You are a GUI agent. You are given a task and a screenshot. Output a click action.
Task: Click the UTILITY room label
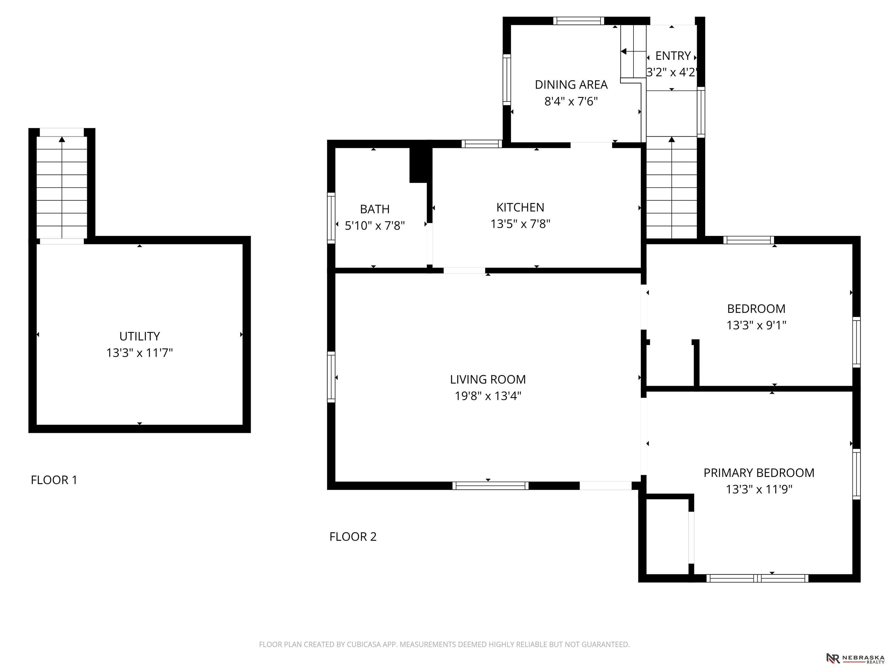[139, 336]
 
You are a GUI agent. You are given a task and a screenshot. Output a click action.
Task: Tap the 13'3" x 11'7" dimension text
[139, 353]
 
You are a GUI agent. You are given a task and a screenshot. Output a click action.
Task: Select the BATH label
[374, 209]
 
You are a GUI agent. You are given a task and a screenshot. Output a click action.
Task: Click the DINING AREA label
[571, 85]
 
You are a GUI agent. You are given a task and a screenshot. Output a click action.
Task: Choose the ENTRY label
[673, 56]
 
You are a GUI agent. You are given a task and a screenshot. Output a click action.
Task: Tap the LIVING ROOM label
[488, 379]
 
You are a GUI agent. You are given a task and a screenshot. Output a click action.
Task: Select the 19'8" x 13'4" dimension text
[488, 396]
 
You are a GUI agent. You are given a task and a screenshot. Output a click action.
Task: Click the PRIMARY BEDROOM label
[759, 472]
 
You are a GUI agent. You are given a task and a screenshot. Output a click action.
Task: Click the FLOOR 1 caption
[54, 480]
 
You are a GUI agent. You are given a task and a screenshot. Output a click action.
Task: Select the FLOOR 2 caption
[353, 536]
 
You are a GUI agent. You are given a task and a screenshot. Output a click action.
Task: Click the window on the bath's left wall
[331, 218]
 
